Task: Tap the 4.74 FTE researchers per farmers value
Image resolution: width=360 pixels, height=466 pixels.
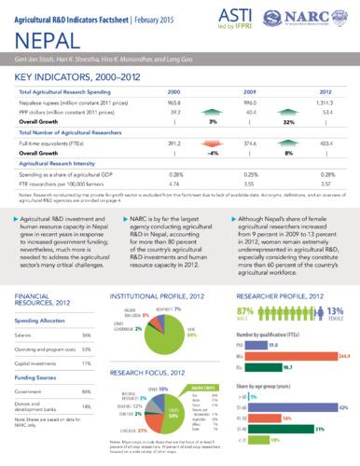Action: pyautogui.click(x=173, y=184)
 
